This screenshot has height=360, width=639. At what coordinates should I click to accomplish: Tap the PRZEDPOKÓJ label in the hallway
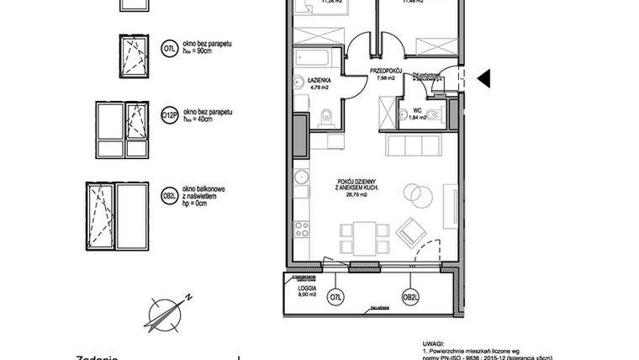tap(386, 72)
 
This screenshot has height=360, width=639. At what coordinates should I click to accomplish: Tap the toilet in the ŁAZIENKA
tap(326, 116)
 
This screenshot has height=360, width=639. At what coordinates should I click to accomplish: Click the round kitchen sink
tap(300, 177)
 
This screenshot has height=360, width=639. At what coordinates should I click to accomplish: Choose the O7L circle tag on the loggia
tap(335, 296)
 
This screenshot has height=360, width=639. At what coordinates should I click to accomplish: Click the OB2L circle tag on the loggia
tap(410, 296)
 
